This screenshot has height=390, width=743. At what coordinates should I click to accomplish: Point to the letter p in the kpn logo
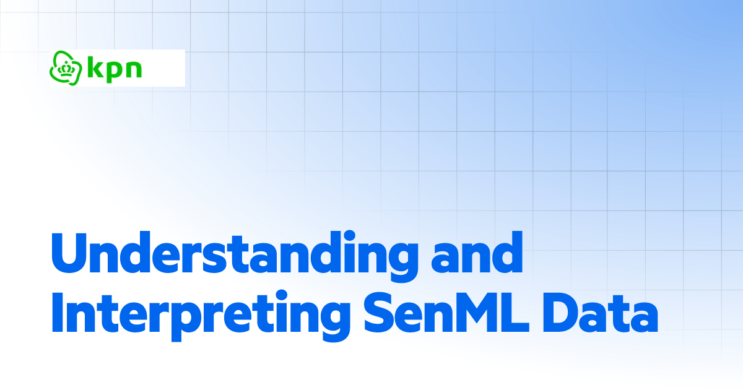(115, 71)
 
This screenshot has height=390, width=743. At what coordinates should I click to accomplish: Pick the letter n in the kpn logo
(133, 69)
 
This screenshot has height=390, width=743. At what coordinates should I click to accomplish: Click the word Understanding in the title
(230, 255)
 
